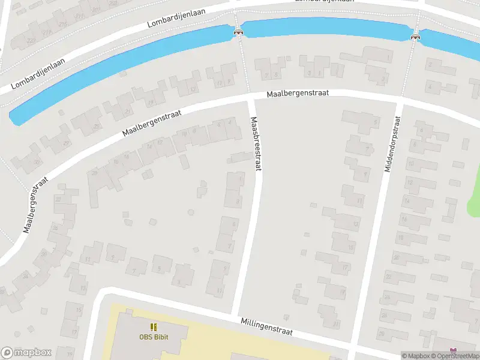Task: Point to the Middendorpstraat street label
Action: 392,143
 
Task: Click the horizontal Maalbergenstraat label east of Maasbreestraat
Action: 298,95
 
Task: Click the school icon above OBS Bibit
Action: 153,327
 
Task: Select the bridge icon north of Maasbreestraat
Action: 238,32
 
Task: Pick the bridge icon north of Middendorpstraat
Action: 415,37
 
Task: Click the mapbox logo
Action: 26,353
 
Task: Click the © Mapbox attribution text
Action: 415,356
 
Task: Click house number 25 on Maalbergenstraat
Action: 96,126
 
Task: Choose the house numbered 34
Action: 25,277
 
